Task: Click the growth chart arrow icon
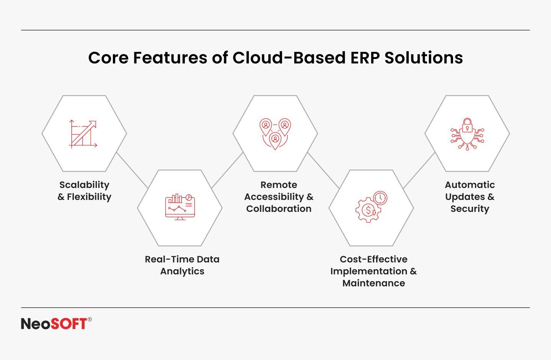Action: point(83,134)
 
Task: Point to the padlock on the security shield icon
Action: point(467,125)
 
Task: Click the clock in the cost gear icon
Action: point(380,198)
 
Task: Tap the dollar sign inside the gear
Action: point(368,210)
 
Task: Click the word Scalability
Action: point(84,185)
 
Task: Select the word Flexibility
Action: point(89,197)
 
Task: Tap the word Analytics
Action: point(182,272)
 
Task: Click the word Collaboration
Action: point(279,209)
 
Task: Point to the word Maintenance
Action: point(373,283)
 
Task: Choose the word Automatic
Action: point(470,185)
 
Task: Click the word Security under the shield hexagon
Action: point(470,209)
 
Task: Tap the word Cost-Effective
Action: point(373,259)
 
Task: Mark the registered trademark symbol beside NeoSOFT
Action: point(90,319)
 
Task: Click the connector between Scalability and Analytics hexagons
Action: point(132,170)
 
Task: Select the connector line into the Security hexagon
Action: point(419,170)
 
